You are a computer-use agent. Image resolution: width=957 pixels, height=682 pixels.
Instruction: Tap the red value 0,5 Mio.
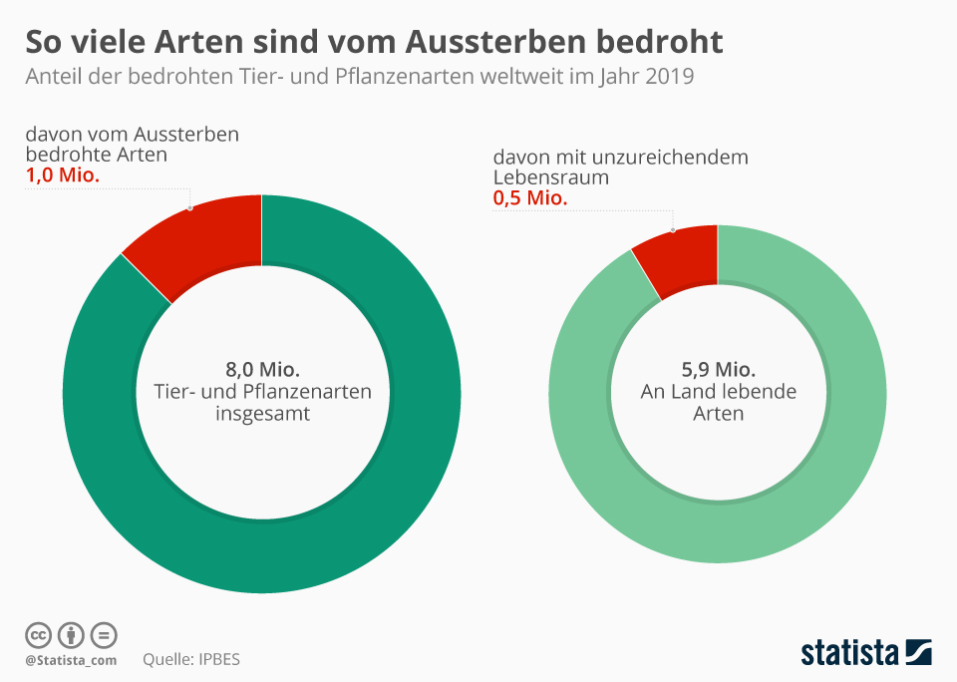click(529, 198)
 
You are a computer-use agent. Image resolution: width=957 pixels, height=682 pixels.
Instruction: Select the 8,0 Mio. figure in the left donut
click(263, 369)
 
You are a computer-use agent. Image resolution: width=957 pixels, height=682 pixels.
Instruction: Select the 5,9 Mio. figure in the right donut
click(718, 369)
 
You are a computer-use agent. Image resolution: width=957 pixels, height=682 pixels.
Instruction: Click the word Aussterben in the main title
click(491, 42)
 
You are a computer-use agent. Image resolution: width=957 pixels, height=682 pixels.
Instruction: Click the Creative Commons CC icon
click(38, 635)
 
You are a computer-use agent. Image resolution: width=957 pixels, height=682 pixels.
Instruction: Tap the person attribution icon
click(71, 635)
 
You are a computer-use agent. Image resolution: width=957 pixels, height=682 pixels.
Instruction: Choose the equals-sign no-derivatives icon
click(104, 635)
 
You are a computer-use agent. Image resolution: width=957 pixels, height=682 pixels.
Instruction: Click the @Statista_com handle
click(71, 660)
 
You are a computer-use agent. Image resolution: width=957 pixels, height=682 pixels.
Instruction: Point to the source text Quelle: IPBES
click(191, 659)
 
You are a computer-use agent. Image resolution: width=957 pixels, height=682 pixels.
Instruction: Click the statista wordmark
click(849, 654)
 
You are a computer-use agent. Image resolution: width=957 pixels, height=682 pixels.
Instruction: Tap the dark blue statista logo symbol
click(918, 653)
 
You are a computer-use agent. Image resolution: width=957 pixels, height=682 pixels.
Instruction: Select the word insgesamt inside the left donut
click(263, 413)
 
